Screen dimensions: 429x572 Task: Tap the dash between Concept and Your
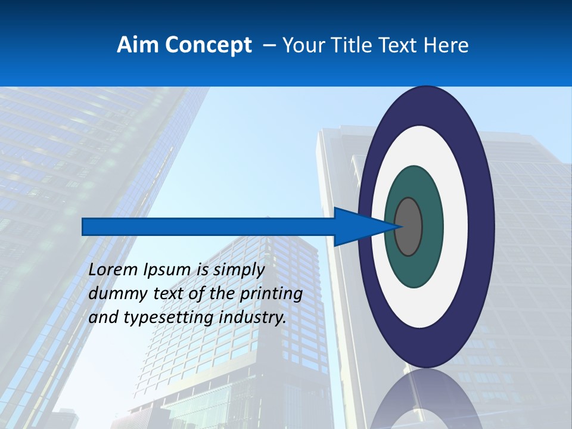pos(268,45)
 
